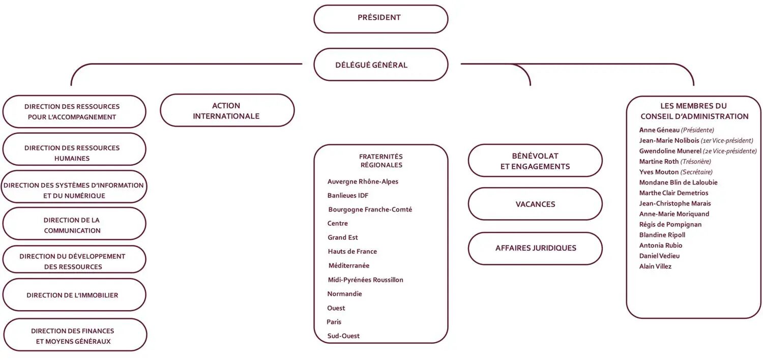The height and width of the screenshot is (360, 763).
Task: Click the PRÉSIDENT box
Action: [381, 19]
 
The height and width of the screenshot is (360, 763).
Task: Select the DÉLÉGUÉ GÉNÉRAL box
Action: [381, 65]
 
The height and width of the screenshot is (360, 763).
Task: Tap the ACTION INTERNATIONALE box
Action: [227, 110]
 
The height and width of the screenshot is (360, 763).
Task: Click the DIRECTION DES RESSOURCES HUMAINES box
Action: [74, 149]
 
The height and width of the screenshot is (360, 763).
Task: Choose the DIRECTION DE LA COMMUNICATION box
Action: [74, 224]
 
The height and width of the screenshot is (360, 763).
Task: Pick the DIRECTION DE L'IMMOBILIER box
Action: [74, 295]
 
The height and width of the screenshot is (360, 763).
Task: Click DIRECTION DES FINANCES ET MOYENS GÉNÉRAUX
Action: [75, 335]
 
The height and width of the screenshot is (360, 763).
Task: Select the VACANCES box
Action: [535, 204]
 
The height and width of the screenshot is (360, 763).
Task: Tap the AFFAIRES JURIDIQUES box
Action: [535, 248]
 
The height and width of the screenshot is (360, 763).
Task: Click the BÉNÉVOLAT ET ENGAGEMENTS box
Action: [535, 160]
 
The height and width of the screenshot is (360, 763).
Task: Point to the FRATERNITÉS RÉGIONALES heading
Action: [381, 161]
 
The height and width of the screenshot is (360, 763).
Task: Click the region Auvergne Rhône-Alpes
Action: [363, 182]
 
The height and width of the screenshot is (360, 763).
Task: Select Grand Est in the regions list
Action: [343, 237]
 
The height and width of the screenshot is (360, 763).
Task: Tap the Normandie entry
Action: [344, 293]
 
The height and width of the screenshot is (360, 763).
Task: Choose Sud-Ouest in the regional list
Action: [343, 336]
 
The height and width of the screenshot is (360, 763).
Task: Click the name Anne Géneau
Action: [659, 130]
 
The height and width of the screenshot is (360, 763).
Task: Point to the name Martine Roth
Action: [659, 161]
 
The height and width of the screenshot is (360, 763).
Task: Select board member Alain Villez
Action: [655, 266]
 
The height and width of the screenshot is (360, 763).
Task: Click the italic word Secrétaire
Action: [696, 172]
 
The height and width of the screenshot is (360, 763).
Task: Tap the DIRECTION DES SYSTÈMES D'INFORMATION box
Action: [74, 187]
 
